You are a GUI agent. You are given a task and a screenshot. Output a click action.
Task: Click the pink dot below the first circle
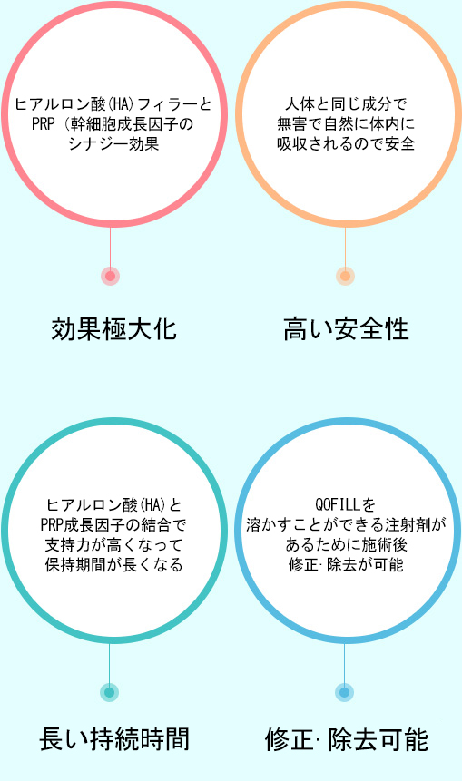click(x=110, y=276)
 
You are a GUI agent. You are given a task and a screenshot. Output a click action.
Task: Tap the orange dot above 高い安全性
click(x=345, y=276)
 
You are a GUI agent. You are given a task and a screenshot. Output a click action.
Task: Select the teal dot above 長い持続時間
click(x=110, y=692)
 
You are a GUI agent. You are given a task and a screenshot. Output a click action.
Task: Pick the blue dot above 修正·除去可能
click(x=344, y=692)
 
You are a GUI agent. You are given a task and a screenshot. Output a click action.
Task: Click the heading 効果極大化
click(x=114, y=330)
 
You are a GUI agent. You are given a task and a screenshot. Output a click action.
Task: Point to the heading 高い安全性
click(x=347, y=330)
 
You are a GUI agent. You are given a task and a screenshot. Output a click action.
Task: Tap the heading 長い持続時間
click(x=114, y=739)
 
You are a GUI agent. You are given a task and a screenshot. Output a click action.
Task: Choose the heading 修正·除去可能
click(x=347, y=739)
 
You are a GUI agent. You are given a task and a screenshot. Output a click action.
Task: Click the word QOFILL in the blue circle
click(x=337, y=505)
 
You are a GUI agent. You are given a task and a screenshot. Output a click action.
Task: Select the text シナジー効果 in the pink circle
click(x=113, y=144)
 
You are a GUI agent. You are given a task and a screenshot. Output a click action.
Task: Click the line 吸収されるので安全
click(x=346, y=144)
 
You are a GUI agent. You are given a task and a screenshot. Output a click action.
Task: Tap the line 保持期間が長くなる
click(x=113, y=565)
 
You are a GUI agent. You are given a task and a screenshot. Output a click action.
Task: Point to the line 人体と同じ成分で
click(x=346, y=104)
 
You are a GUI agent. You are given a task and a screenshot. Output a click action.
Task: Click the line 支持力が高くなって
click(x=113, y=545)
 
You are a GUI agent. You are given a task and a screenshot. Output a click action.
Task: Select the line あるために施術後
click(x=346, y=545)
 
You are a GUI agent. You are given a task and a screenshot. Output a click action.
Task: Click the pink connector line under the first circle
click(x=110, y=248)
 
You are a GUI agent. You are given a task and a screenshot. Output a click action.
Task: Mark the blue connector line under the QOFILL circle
click(x=344, y=663)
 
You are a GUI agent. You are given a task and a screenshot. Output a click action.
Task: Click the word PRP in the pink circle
click(x=43, y=124)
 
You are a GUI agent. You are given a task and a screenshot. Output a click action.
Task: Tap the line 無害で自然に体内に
click(x=346, y=124)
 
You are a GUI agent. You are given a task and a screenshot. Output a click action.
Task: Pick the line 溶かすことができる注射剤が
click(x=346, y=525)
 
